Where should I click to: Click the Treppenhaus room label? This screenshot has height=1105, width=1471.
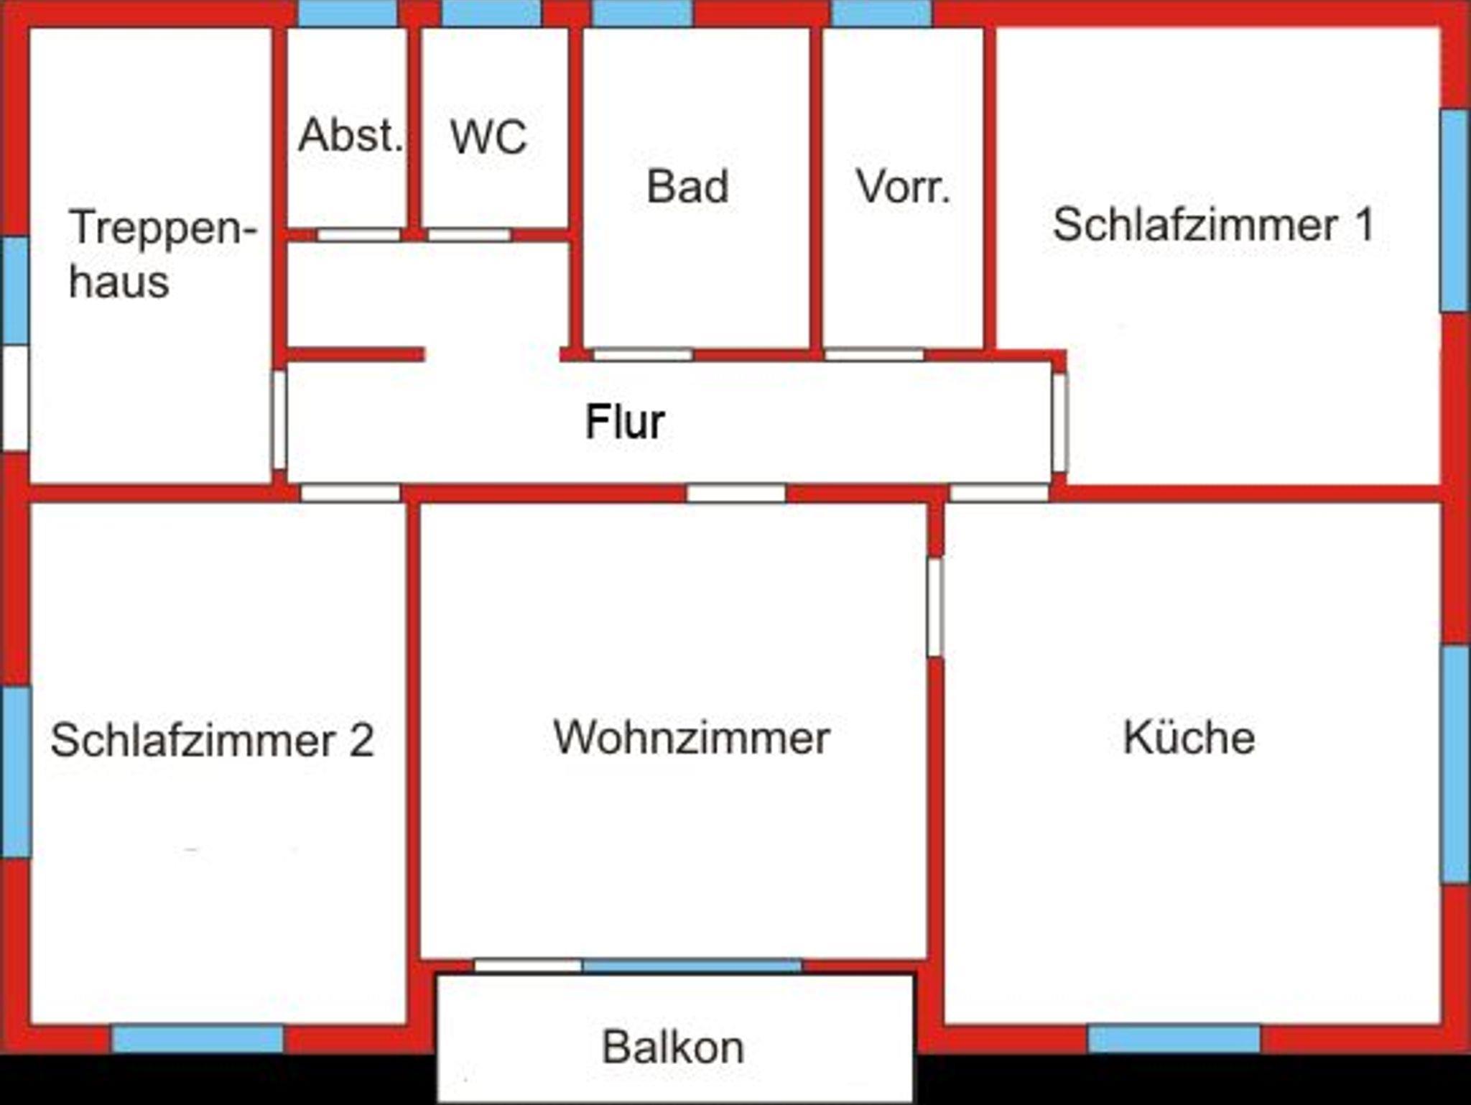pyautogui.click(x=162, y=253)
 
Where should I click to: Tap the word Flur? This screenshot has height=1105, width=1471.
pyautogui.click(x=624, y=422)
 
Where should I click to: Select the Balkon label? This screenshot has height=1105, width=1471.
pyautogui.click(x=672, y=1048)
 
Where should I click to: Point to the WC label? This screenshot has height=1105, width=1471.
pyautogui.click(x=488, y=137)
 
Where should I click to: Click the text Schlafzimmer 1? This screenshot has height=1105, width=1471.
pyautogui.click(x=1213, y=224)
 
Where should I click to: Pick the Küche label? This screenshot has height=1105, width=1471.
pyautogui.click(x=1189, y=737)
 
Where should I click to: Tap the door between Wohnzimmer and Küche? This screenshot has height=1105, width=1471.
pyautogui.click(x=934, y=607)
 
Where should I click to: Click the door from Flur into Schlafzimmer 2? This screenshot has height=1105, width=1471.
pyautogui.click(x=350, y=493)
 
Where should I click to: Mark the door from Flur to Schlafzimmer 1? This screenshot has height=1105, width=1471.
pyautogui.click(x=1059, y=422)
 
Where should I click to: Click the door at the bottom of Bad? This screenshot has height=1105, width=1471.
pyautogui.click(x=643, y=355)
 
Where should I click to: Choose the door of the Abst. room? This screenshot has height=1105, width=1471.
pyautogui.click(x=358, y=235)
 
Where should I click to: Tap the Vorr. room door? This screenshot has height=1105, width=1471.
pyautogui.click(x=874, y=355)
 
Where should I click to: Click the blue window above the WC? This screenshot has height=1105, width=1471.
pyautogui.click(x=491, y=13)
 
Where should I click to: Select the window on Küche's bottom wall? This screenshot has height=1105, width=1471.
pyautogui.click(x=1174, y=1039)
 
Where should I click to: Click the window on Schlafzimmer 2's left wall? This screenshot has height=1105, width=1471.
pyautogui.click(x=15, y=772)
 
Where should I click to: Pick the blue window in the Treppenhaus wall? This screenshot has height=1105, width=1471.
pyautogui.click(x=14, y=290)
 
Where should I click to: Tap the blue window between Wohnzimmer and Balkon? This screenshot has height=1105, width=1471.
pyautogui.click(x=692, y=965)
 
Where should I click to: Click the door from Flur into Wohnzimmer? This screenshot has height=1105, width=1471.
pyautogui.click(x=736, y=493)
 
